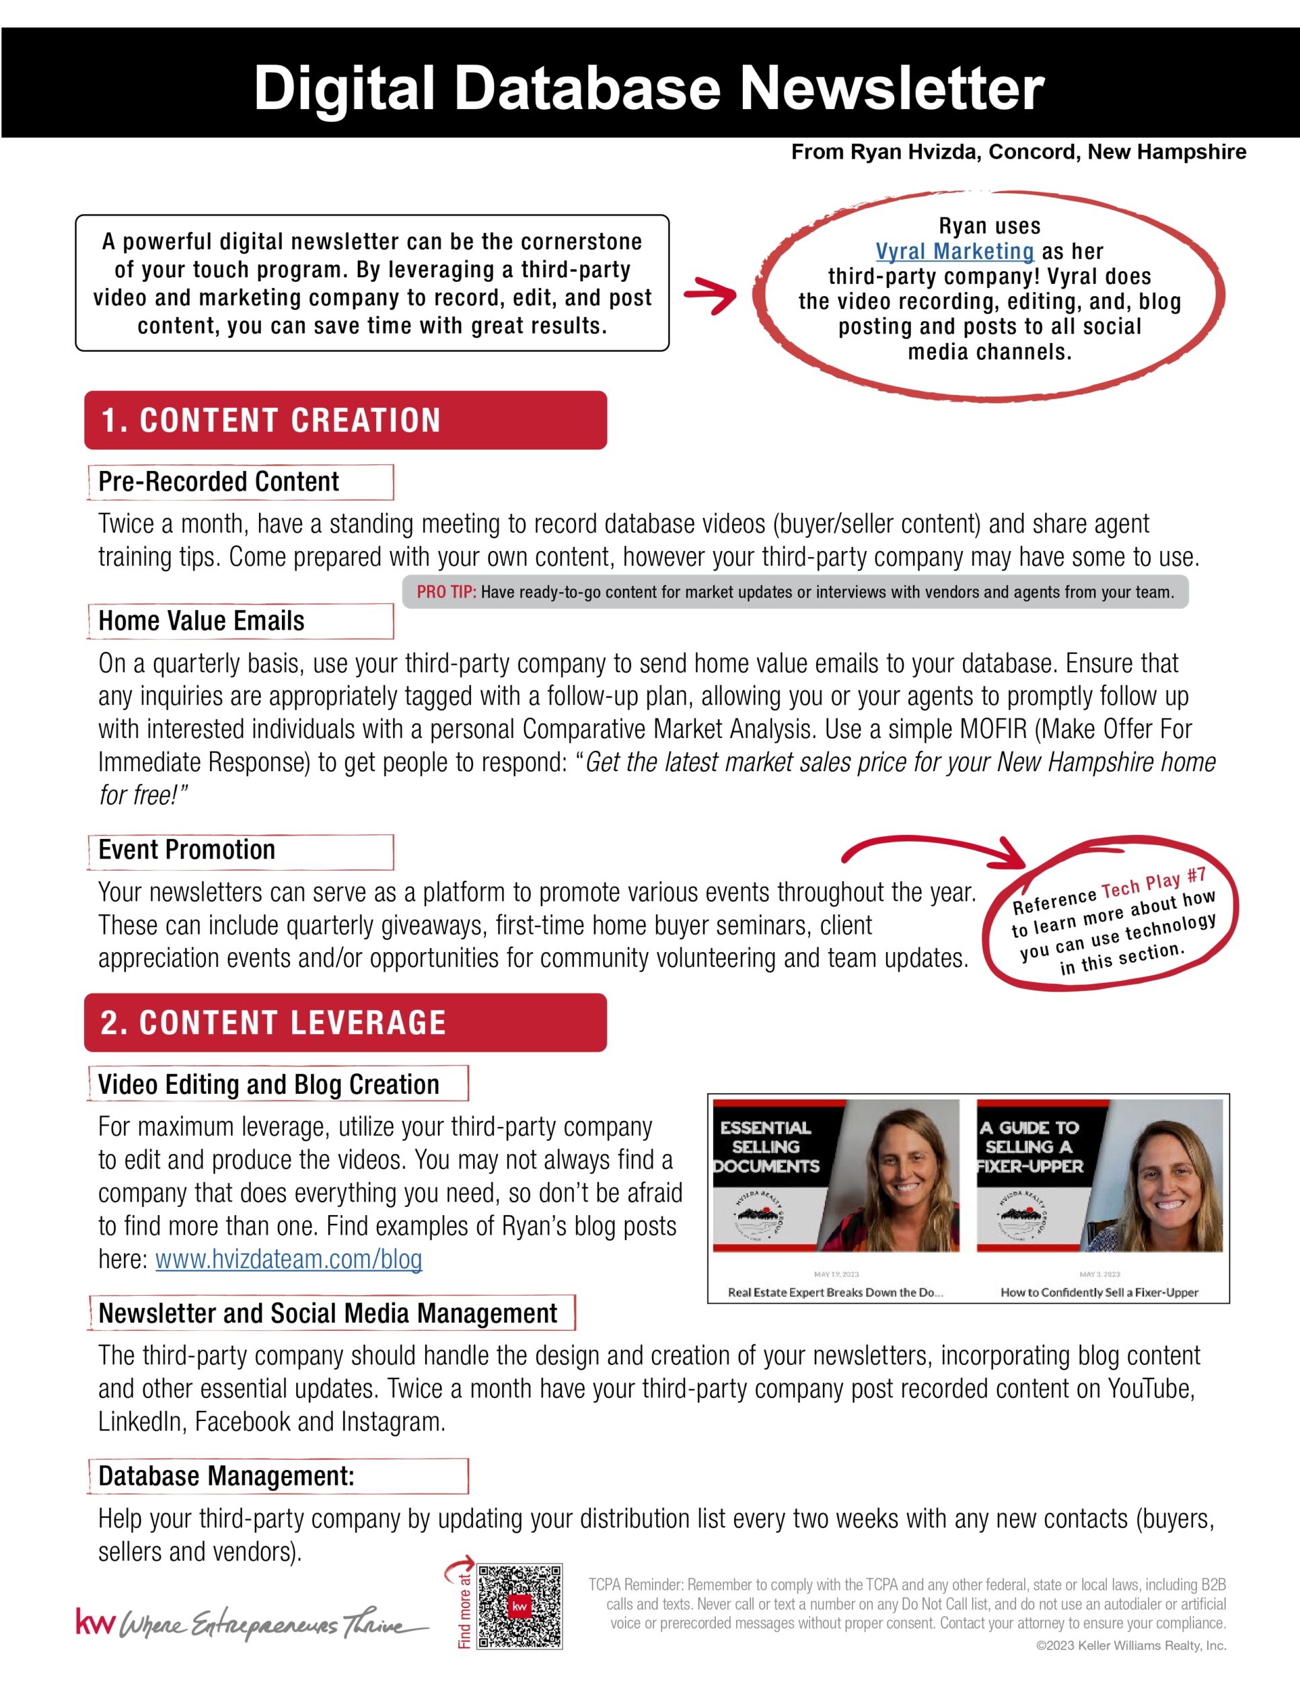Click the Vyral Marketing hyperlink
click(954, 252)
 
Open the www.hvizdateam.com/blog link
click(289, 1259)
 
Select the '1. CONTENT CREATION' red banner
click(345, 420)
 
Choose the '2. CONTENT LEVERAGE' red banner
click(345, 1023)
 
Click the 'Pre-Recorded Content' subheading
click(219, 482)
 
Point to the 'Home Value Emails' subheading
click(202, 621)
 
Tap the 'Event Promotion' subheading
click(187, 850)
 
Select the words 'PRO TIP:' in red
click(447, 592)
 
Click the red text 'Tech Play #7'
click(1153, 884)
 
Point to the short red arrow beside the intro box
click(710, 297)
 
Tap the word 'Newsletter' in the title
click(891, 87)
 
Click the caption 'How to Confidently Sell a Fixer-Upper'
click(1099, 1292)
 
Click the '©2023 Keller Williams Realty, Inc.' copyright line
click(1130, 1646)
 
